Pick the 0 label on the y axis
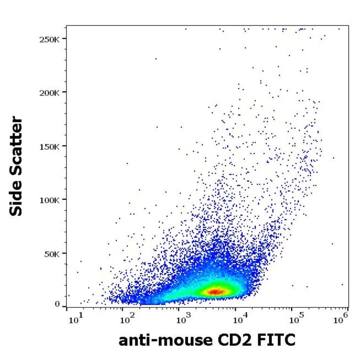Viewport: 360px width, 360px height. click(x=57, y=304)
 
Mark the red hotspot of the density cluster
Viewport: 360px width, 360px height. click(x=214, y=292)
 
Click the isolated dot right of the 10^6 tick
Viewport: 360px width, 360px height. click(x=342, y=284)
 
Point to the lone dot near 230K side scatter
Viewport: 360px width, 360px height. click(x=156, y=59)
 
